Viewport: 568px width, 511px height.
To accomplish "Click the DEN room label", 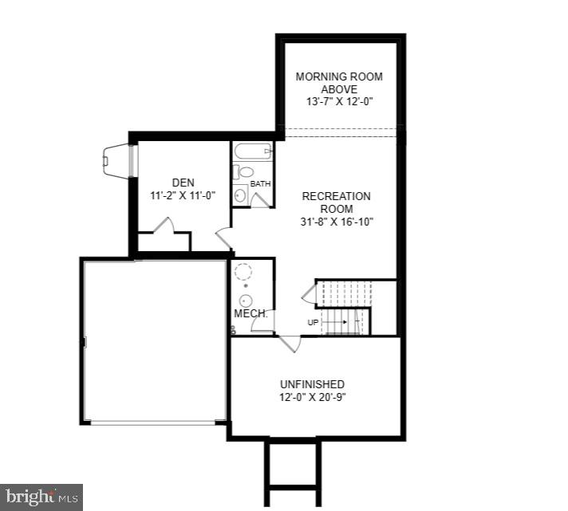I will pyautogui.click(x=183, y=183).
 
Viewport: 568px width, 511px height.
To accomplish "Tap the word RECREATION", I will pyautogui.click(x=336, y=196).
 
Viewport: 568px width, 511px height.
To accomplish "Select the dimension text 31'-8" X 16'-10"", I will pyautogui.click(x=336, y=222).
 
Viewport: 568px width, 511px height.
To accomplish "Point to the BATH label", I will pyautogui.click(x=260, y=184).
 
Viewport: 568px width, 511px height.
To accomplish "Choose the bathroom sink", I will pyautogui.click(x=240, y=195).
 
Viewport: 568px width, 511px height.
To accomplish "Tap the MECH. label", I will pyautogui.click(x=250, y=314).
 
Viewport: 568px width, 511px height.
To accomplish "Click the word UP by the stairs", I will pyautogui.click(x=314, y=322).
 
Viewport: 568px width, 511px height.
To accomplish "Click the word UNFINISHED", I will pyautogui.click(x=312, y=384).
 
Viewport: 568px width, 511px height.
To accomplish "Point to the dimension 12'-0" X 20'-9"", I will pyautogui.click(x=312, y=397).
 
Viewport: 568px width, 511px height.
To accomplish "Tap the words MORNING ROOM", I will pyautogui.click(x=339, y=77).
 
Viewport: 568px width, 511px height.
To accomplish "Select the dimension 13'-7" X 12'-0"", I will pyautogui.click(x=339, y=102).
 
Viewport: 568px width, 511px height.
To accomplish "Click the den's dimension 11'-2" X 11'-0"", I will pyautogui.click(x=183, y=195).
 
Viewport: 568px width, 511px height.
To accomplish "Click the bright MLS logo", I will pyautogui.click(x=41, y=497).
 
